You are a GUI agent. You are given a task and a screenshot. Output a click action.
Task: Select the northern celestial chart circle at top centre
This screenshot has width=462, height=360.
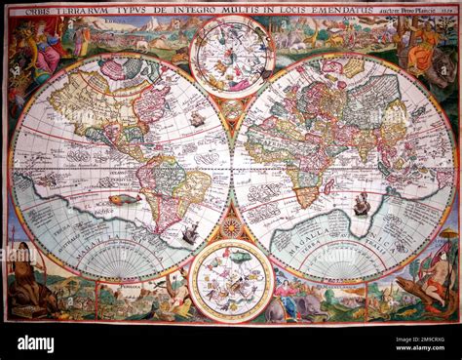coord(231,58)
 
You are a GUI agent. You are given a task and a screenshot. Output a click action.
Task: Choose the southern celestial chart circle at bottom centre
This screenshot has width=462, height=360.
coord(231,281)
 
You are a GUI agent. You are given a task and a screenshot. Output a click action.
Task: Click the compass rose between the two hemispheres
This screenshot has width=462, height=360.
coord(231,227)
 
